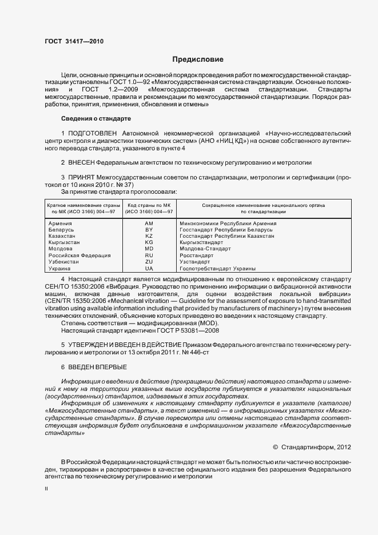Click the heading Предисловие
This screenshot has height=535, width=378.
pyautogui.click(x=198, y=59)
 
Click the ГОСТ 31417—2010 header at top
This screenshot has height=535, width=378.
pyautogui.click(x=74, y=41)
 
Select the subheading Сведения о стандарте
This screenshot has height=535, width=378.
pyautogui.click(x=96, y=118)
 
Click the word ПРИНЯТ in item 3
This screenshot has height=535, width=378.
pyautogui.click(x=82, y=178)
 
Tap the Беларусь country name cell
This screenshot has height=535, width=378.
pyautogui.click(x=61, y=230)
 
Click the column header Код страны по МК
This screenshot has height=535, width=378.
pyautogui.click(x=149, y=205)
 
